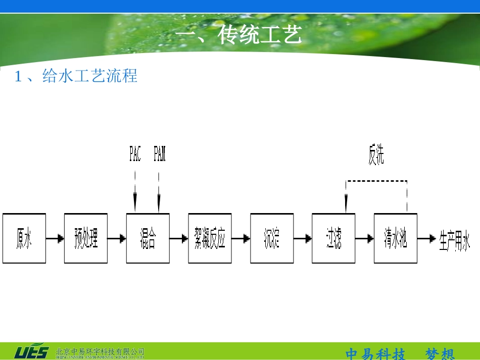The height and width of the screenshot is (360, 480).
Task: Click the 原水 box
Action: [24, 238]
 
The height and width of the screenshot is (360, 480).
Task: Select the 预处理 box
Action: [86, 238]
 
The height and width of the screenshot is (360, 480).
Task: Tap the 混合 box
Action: [148, 238]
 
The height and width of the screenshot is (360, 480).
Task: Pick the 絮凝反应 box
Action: [210, 238]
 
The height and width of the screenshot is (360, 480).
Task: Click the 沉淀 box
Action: [272, 238]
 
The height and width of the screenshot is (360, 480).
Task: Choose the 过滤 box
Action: [333, 238]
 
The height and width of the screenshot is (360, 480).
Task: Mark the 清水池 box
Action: [396, 238]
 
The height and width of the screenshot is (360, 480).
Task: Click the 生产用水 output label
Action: [455, 238]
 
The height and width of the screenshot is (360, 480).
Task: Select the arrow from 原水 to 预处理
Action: [55, 238]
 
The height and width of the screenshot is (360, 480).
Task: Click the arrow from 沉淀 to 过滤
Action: [303, 238]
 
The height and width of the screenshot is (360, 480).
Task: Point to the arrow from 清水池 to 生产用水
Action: [427, 238]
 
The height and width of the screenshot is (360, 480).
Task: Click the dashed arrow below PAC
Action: [135, 192]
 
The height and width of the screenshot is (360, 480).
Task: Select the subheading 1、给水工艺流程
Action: [76, 76]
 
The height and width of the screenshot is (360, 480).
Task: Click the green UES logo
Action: [31, 352]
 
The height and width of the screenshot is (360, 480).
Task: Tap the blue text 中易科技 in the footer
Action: [375, 354]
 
